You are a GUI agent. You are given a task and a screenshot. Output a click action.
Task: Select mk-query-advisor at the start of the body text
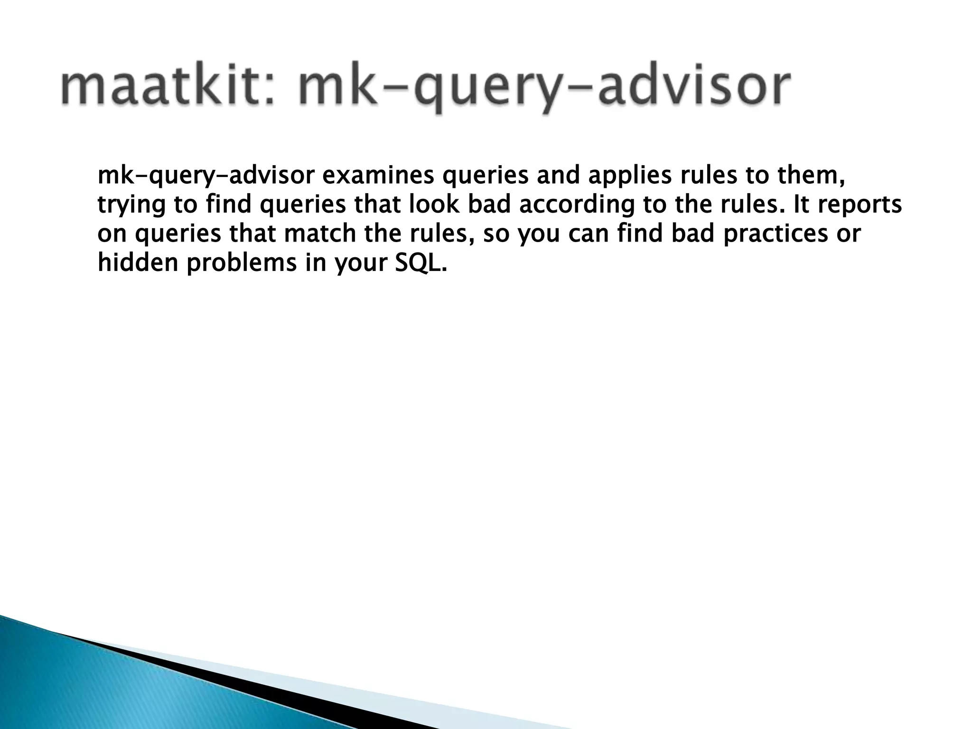point(206,176)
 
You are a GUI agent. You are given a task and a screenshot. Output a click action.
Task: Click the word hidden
point(138,263)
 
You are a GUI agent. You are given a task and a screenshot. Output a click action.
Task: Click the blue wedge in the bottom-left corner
point(95,683)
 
